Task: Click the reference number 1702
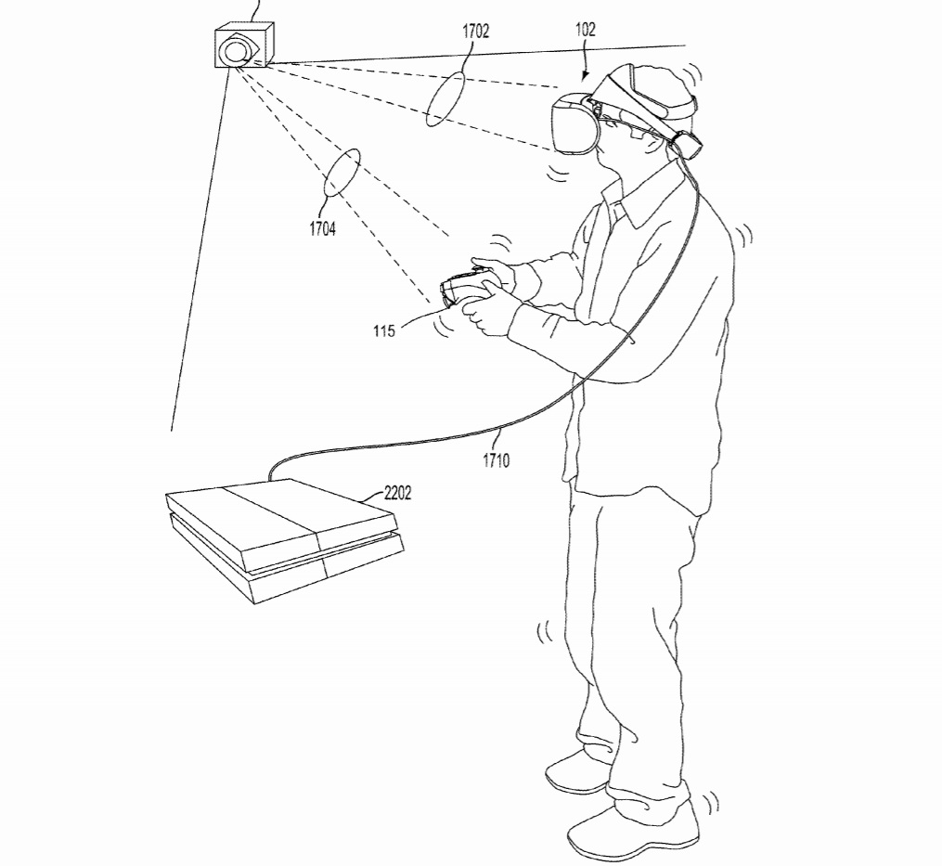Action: tap(476, 31)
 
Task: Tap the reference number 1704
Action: tap(322, 229)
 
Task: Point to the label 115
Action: tap(384, 330)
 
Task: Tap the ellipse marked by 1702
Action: tap(445, 97)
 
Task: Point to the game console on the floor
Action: tap(282, 537)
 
